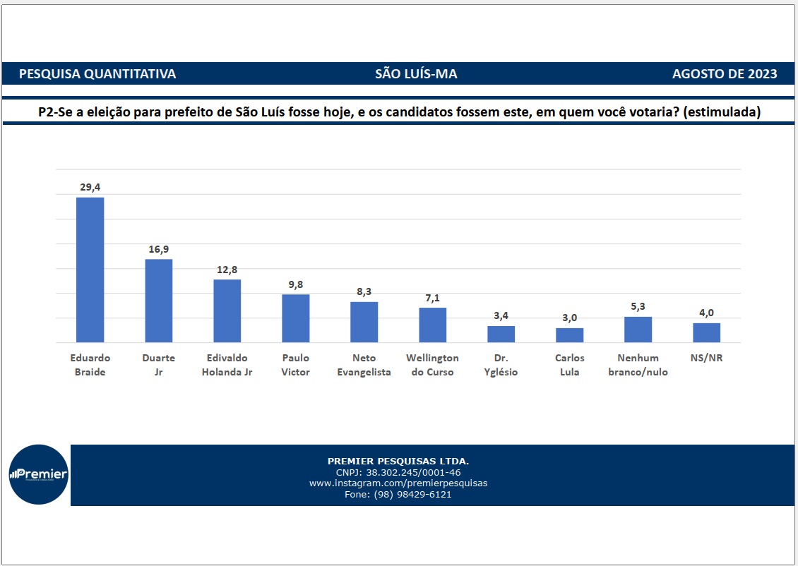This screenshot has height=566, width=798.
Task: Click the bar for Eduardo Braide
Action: pos(90,270)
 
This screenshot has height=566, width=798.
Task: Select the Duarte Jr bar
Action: pos(159,301)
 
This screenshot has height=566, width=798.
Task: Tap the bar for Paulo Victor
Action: pos(296,318)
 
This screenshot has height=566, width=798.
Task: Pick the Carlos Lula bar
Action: pos(569,335)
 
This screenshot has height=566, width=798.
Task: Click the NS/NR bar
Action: pos(706,332)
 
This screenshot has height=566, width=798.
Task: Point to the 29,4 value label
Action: pos(90,187)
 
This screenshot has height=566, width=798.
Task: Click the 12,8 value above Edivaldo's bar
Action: pos(227,269)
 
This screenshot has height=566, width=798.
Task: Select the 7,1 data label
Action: pos(433,298)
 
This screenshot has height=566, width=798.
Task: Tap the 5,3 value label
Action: pos(638,306)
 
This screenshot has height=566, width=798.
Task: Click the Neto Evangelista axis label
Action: pos(364,365)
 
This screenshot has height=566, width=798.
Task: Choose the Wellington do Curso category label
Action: pos(433,365)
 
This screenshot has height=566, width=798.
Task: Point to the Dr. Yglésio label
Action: pos(501,365)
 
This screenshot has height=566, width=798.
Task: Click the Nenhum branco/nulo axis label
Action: pos(638,365)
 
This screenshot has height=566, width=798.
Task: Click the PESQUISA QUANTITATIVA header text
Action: pos(97,74)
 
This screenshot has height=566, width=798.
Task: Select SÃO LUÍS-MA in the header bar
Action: pos(416,74)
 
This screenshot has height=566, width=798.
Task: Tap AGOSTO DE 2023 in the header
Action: pos(725,74)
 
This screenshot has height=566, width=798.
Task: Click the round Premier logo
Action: pos(38,474)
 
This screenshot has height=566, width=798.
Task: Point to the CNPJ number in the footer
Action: pos(398,472)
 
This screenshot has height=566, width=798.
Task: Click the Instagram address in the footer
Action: pos(398,483)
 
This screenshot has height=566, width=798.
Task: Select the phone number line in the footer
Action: pos(398,495)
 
